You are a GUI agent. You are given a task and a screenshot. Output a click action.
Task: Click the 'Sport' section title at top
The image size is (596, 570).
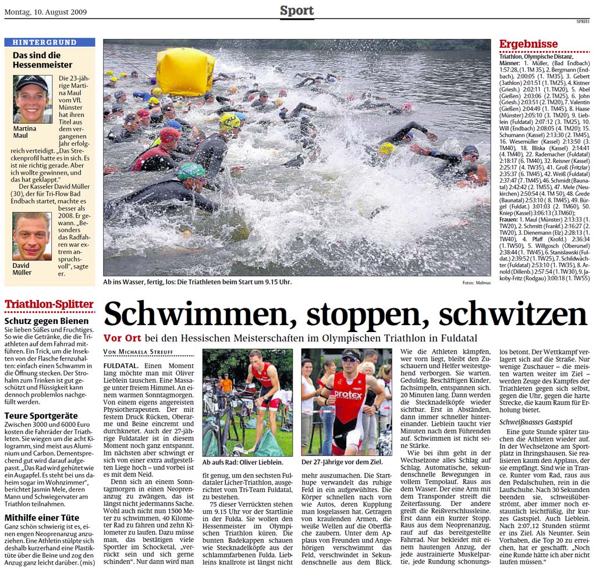297,10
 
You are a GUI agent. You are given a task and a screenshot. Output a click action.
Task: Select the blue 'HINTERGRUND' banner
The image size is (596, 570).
49,42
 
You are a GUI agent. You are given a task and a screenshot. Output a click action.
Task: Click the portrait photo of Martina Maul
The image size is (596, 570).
32,99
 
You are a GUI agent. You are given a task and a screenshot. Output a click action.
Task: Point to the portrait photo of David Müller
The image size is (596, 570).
32,236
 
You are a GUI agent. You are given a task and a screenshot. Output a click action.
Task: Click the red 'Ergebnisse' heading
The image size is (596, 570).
528,44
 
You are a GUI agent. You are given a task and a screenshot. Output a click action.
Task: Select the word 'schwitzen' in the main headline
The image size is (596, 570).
512,315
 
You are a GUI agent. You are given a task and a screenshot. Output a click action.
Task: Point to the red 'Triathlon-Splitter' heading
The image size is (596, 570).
49,304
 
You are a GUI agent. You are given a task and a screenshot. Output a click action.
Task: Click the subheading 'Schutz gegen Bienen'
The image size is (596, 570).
47,320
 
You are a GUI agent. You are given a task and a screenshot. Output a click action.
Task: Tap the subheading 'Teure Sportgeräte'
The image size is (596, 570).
42,415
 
